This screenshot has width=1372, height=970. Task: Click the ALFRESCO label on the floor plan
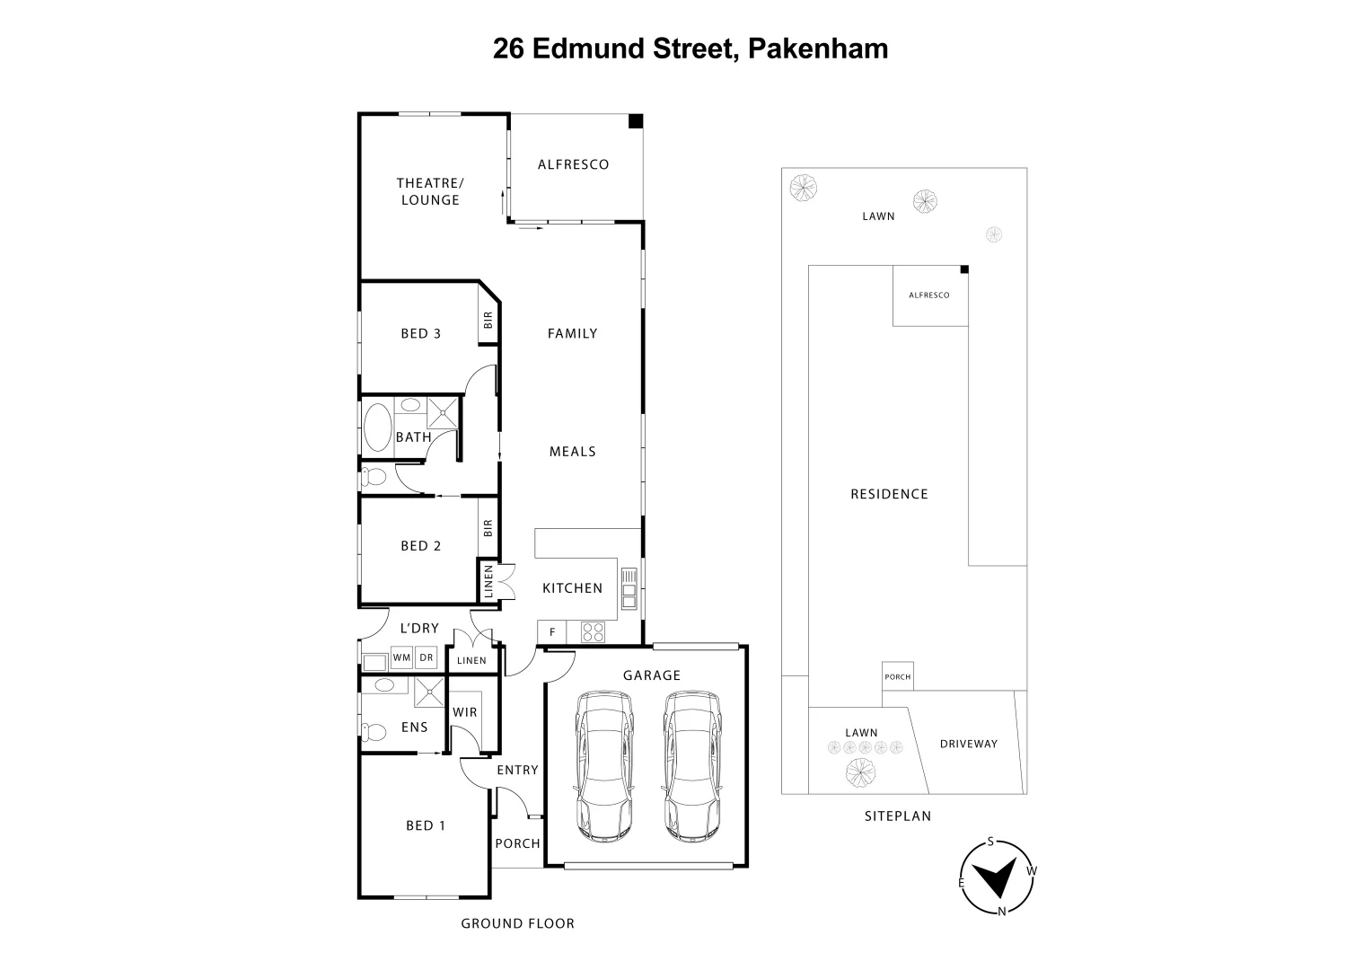pyautogui.click(x=573, y=164)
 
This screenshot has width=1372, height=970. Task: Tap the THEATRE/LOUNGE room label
pyautogui.click(x=429, y=191)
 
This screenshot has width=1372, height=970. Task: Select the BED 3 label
pyautogui.click(x=420, y=333)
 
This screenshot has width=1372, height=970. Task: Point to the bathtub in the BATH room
pyautogui.click(x=377, y=428)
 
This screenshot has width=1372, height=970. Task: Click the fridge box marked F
pyautogui.click(x=551, y=632)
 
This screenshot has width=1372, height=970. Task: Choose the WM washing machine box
pyautogui.click(x=401, y=657)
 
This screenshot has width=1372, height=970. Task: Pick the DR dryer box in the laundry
pyautogui.click(x=427, y=657)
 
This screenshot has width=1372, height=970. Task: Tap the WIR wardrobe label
pyautogui.click(x=465, y=712)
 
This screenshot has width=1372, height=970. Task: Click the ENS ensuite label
pyautogui.click(x=414, y=727)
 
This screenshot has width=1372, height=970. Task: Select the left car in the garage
pyautogui.click(x=604, y=764)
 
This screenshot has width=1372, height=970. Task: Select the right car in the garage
pyautogui.click(x=692, y=764)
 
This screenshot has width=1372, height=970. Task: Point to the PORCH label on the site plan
pyautogui.click(x=897, y=677)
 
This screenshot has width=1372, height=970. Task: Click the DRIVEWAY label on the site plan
pyautogui.click(x=968, y=744)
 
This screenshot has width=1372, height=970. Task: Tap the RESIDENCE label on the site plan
pyautogui.click(x=889, y=494)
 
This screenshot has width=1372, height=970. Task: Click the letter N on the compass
pyautogui.click(x=1001, y=912)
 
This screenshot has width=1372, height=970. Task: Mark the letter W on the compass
pyautogui.click(x=1032, y=870)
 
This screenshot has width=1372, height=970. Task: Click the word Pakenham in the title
pyautogui.click(x=818, y=48)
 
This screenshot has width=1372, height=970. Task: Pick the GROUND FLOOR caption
pyautogui.click(x=517, y=923)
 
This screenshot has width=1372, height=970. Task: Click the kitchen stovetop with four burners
pyautogui.click(x=593, y=631)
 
